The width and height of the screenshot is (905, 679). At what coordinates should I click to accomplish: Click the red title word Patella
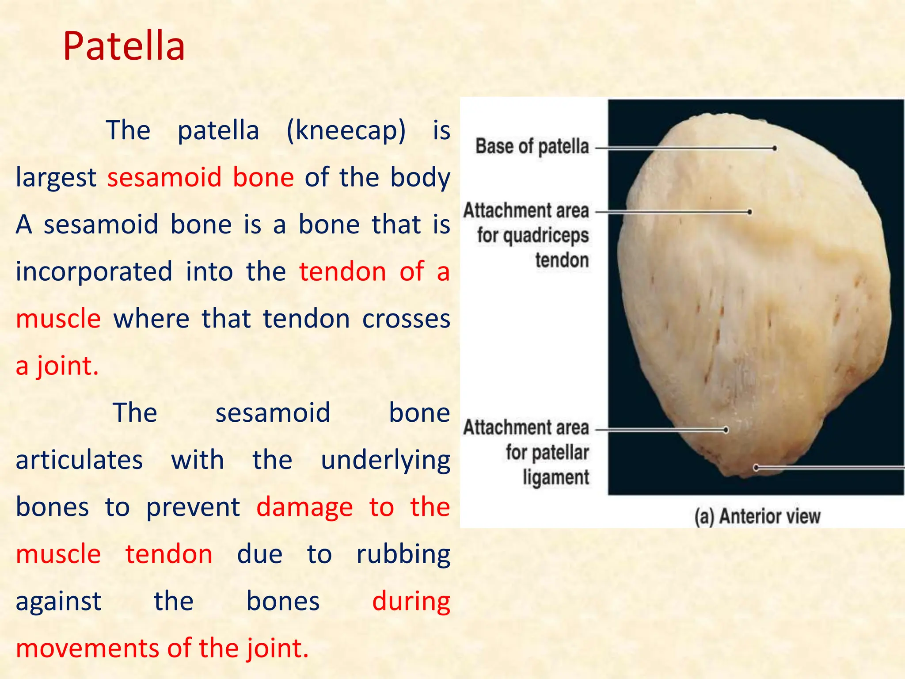tap(124, 46)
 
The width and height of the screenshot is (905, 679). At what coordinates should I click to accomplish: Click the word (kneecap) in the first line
tap(346, 131)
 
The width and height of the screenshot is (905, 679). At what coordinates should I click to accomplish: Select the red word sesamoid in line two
tap(164, 178)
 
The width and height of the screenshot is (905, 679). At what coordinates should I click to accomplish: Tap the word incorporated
tap(94, 271)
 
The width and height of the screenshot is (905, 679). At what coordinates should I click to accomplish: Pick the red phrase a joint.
tap(57, 366)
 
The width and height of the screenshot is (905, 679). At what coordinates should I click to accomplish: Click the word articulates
tap(79, 460)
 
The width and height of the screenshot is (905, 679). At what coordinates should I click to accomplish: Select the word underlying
tap(385, 460)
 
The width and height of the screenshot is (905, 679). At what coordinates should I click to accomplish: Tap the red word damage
tap(304, 507)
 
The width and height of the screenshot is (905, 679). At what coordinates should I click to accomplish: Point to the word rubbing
tap(403, 554)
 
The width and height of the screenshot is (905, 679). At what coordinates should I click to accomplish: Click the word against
tap(58, 602)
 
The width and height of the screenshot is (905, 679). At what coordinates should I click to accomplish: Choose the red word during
tap(411, 602)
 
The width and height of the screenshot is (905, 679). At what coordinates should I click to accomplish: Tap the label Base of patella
tap(532, 146)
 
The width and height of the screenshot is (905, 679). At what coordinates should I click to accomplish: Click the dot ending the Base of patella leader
tap(774, 148)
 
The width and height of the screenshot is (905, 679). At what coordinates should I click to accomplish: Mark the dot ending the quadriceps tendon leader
tap(749, 212)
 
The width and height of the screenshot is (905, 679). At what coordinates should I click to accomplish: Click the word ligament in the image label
tap(555, 477)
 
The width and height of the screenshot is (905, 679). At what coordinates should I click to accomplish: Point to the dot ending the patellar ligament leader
tap(726, 430)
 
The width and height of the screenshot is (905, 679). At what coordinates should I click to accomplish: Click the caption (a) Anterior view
tap(757, 516)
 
